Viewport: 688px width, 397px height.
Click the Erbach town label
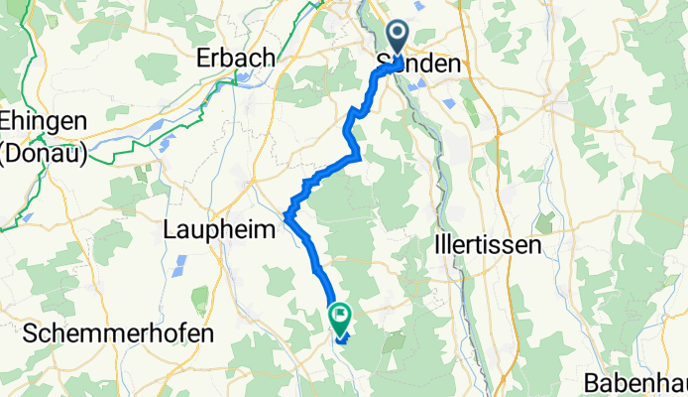[x=236, y=59]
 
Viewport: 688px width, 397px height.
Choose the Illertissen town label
[x=488, y=244]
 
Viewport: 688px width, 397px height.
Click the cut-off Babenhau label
[x=634, y=381]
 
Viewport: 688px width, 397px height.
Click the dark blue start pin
[x=397, y=40]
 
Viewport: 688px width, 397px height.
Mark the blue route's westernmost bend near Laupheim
[x=287, y=215]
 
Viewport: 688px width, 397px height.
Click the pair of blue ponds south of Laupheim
[x=179, y=265]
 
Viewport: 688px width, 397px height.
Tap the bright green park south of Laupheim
[x=198, y=297]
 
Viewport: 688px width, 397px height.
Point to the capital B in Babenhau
[x=589, y=381]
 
